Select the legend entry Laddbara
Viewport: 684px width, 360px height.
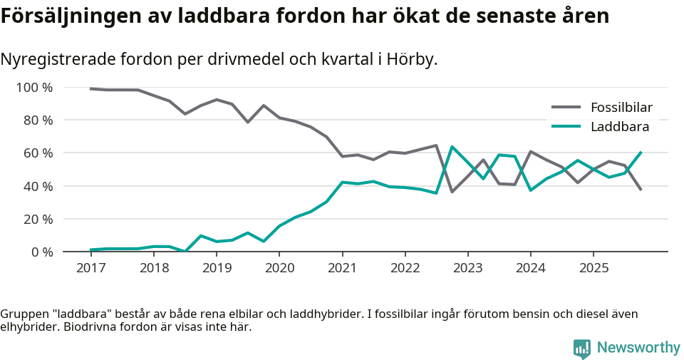[x=619, y=128]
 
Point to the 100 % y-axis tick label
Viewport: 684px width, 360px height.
[x=35, y=88]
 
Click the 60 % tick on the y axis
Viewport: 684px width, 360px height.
[x=38, y=153]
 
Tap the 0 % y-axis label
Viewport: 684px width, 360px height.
[x=41, y=252]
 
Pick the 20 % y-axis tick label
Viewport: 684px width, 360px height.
[x=38, y=219]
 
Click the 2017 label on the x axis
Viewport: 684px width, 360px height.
[x=90, y=268]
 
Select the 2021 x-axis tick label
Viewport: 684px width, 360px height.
[x=342, y=268]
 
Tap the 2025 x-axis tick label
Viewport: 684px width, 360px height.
[x=594, y=268]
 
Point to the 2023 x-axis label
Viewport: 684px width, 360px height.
[x=467, y=268]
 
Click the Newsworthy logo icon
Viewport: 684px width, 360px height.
[x=581, y=348]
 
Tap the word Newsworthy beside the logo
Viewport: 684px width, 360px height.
[x=638, y=348]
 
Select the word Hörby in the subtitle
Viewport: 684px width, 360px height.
[x=410, y=60]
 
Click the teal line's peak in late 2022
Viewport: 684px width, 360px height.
[x=452, y=147]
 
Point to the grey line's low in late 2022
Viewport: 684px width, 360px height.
[x=452, y=192]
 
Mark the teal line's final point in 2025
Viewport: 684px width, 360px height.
[x=641, y=152]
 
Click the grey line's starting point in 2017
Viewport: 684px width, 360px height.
[x=90, y=88]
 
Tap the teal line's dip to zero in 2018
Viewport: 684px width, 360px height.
[x=185, y=251]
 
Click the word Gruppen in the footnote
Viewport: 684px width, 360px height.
[x=24, y=314]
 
